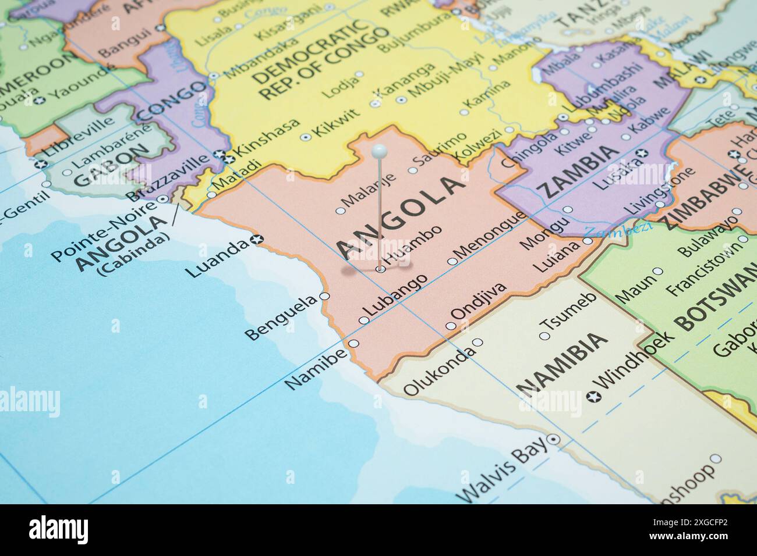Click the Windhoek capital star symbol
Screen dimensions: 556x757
click(593, 397)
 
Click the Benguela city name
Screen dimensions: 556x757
click(281, 318)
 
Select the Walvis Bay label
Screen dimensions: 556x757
click(503, 471)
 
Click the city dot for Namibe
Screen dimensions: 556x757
click(353, 343)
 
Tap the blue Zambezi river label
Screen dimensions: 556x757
click(618, 230)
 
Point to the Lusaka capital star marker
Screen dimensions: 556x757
click(643, 154)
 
